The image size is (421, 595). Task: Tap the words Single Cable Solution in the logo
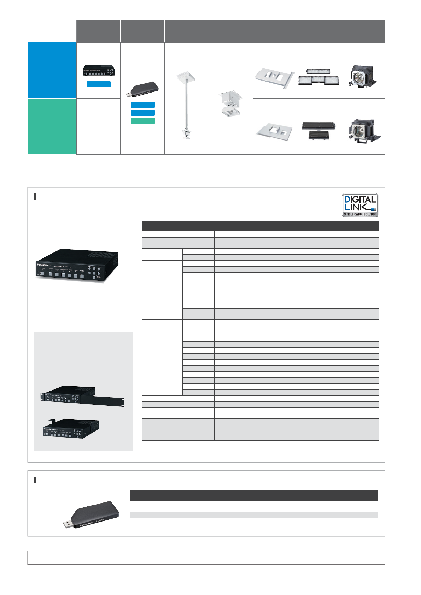360,214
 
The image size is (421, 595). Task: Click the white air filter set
318,77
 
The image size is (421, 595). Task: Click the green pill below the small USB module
143,121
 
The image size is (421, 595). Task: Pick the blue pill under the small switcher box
99,84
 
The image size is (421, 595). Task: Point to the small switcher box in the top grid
99,70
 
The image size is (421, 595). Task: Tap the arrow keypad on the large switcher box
94,273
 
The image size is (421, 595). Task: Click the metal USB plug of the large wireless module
68,524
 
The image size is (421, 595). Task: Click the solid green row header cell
52,126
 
